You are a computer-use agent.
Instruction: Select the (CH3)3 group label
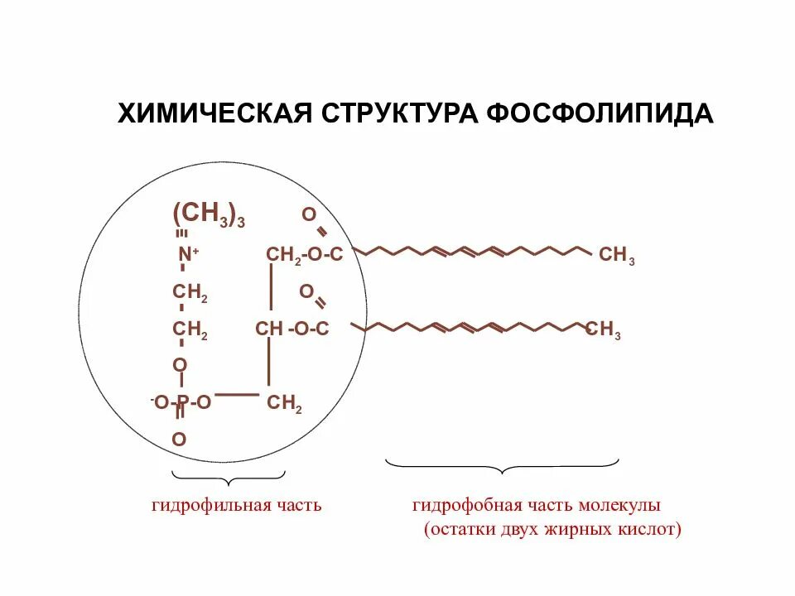pos(208,214)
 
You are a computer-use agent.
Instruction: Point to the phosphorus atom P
pos(182,403)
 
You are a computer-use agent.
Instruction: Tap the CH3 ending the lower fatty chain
pos(603,331)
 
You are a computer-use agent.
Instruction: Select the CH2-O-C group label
pos(304,255)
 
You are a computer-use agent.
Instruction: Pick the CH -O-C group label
pos(292,329)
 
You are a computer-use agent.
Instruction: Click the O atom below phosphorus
pos(180,439)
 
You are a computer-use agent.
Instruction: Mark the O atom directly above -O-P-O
pos(180,365)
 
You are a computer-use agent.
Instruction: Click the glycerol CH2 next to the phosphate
pos(284,404)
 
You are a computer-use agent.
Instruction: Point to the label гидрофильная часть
pos(236,505)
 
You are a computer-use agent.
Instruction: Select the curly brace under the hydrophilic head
pos(228,475)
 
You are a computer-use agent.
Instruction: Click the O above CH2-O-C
pos(308,215)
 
